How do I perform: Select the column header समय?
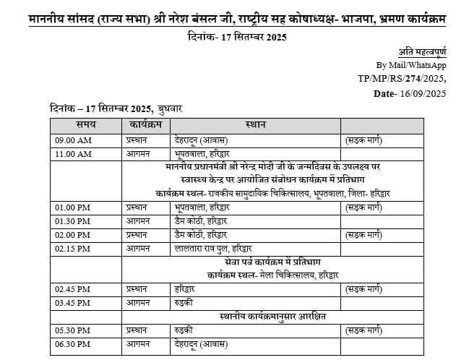point(95,124)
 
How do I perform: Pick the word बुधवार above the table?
point(171,108)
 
